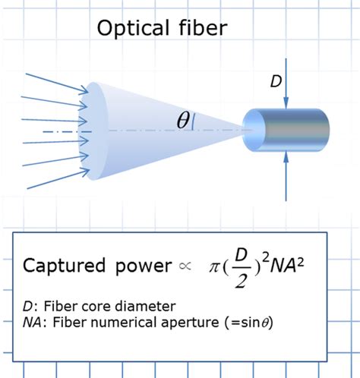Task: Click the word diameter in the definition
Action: click(147, 306)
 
